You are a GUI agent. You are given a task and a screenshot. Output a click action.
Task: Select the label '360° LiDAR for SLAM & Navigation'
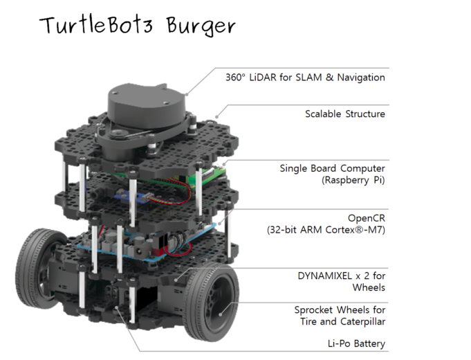305,78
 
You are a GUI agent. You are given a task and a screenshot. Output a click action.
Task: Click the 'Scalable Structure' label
345,114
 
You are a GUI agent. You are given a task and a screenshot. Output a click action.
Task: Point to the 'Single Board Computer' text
332,168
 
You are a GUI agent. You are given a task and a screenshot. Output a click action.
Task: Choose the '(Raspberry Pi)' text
353,180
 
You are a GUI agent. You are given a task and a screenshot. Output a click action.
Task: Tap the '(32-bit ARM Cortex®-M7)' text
326,229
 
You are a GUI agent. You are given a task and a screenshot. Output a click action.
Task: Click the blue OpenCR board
124,246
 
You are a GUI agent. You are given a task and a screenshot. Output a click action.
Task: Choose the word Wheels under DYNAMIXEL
369,287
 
